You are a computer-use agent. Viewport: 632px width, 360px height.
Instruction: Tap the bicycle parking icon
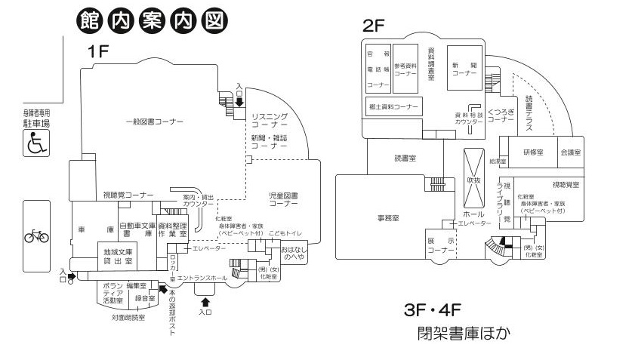36,236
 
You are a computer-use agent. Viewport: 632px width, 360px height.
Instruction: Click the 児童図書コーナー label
284,199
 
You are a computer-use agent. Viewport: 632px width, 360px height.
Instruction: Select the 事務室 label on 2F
387,217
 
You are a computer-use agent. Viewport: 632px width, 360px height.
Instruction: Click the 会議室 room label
571,152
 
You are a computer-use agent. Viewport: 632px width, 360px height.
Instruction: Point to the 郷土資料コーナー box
393,106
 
